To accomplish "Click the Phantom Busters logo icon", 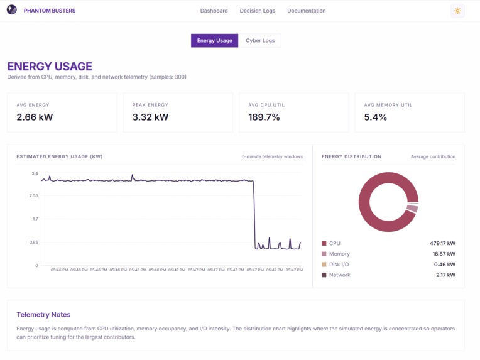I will (12, 10).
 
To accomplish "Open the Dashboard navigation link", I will (214, 11).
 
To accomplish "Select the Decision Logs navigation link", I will (257, 11).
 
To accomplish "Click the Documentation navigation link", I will (306, 11).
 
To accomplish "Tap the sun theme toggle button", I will (457, 11).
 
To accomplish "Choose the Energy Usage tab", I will (214, 41).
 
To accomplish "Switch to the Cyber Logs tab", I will (260, 41).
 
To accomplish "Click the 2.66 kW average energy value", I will (35, 117).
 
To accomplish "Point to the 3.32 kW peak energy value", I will (150, 117).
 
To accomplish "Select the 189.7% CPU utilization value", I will (264, 117).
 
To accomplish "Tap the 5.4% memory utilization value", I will (376, 117).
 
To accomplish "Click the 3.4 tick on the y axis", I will (35, 173).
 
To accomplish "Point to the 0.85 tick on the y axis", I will (33, 242).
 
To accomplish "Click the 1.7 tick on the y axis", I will (35, 219).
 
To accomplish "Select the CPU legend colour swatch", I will (324, 243).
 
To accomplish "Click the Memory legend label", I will (339, 254).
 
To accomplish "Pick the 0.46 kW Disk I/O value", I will (444, 265).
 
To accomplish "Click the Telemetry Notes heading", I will (43, 314).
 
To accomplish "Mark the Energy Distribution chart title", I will (351, 156).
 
